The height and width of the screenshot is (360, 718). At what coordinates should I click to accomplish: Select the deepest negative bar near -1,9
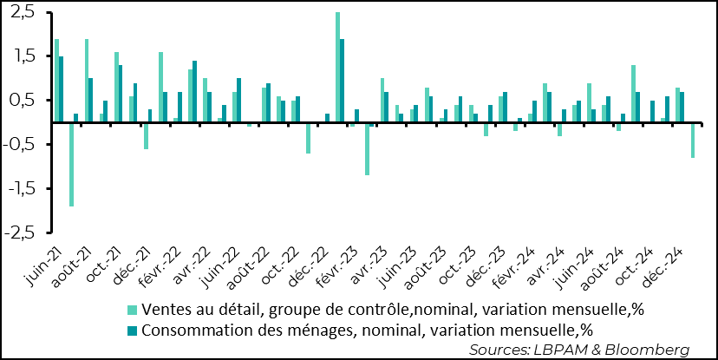[x=71, y=164]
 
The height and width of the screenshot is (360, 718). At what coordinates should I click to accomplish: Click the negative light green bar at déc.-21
[x=146, y=135]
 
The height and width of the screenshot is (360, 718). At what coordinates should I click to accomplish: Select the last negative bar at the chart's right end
[x=692, y=140]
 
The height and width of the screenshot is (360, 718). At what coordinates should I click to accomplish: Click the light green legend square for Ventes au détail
[x=132, y=310]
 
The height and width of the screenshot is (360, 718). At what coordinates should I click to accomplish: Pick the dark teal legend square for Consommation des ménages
[x=132, y=329]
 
